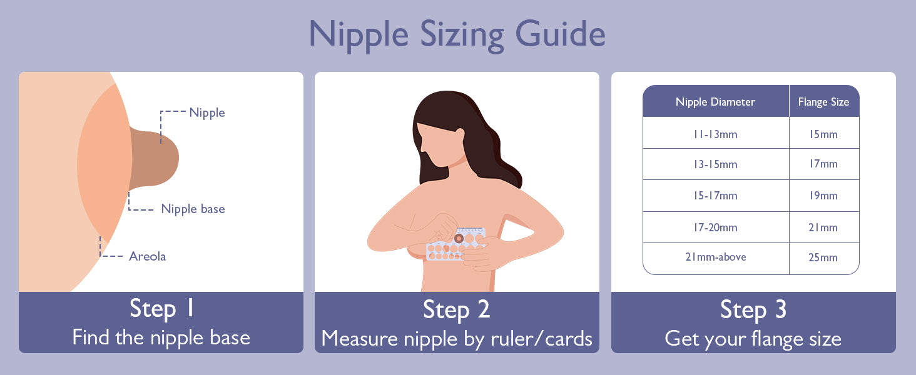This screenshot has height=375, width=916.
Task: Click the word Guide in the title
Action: coord(560,34)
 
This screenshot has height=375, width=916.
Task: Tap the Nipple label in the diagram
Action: coord(207,112)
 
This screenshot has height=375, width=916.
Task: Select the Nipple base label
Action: coord(193,209)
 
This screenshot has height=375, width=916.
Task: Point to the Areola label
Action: coord(148,256)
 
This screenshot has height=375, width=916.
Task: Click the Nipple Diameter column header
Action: coord(715,102)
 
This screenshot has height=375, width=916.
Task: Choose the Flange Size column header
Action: coord(823,102)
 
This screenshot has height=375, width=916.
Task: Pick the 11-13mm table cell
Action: coord(715,134)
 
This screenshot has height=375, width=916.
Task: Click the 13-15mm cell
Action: coord(715,164)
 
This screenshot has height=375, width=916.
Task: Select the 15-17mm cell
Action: coord(715,196)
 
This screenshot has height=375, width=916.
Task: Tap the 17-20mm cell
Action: coord(715,227)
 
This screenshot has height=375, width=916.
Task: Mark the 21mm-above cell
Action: coord(716,257)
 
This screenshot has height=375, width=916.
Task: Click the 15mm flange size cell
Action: coord(823,134)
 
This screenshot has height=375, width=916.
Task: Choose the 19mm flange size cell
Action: coord(823,196)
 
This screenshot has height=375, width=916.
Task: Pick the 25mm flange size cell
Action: coord(823,257)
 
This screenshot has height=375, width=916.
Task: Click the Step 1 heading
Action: coord(161,308)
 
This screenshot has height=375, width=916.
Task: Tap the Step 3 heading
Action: coord(753,309)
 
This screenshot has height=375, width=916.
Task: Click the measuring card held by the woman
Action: coord(455,244)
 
